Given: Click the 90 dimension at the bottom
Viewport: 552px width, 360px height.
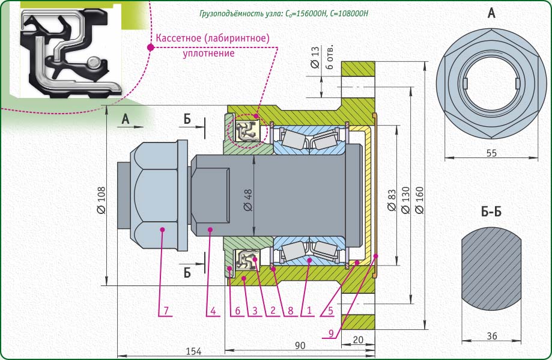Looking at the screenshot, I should click(300, 345).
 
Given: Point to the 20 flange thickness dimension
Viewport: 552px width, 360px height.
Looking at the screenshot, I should click(358, 340).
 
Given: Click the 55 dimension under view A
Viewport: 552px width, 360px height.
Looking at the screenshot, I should click(491, 153).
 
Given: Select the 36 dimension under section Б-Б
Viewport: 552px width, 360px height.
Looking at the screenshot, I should click(491, 336).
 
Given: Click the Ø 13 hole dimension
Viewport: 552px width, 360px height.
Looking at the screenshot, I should click(315, 60).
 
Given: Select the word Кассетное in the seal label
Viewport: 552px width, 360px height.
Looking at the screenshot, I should click(178, 38).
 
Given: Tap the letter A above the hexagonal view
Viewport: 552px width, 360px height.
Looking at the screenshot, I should click(491, 13).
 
